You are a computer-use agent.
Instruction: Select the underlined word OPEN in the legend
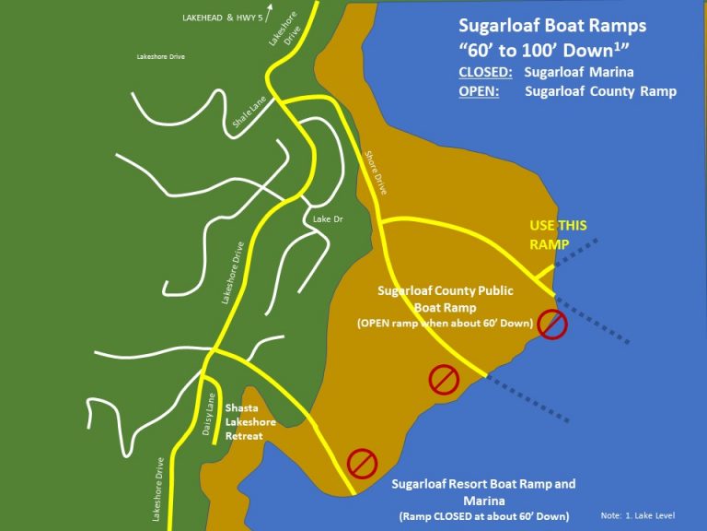coord(479,90)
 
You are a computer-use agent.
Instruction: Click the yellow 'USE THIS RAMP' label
coord(557,234)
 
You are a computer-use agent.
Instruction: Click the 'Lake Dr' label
coord(328,219)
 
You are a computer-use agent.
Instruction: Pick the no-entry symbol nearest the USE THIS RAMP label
coord(551,324)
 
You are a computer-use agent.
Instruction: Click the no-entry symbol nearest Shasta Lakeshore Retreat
coord(362,462)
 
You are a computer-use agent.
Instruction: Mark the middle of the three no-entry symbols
coord(444,379)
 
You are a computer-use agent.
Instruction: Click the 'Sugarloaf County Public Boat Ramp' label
coord(446,300)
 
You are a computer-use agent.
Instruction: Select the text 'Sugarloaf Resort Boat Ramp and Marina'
coord(483,491)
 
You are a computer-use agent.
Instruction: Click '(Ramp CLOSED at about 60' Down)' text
coord(483,515)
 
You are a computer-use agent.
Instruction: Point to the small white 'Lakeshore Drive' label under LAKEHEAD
coord(161,57)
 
